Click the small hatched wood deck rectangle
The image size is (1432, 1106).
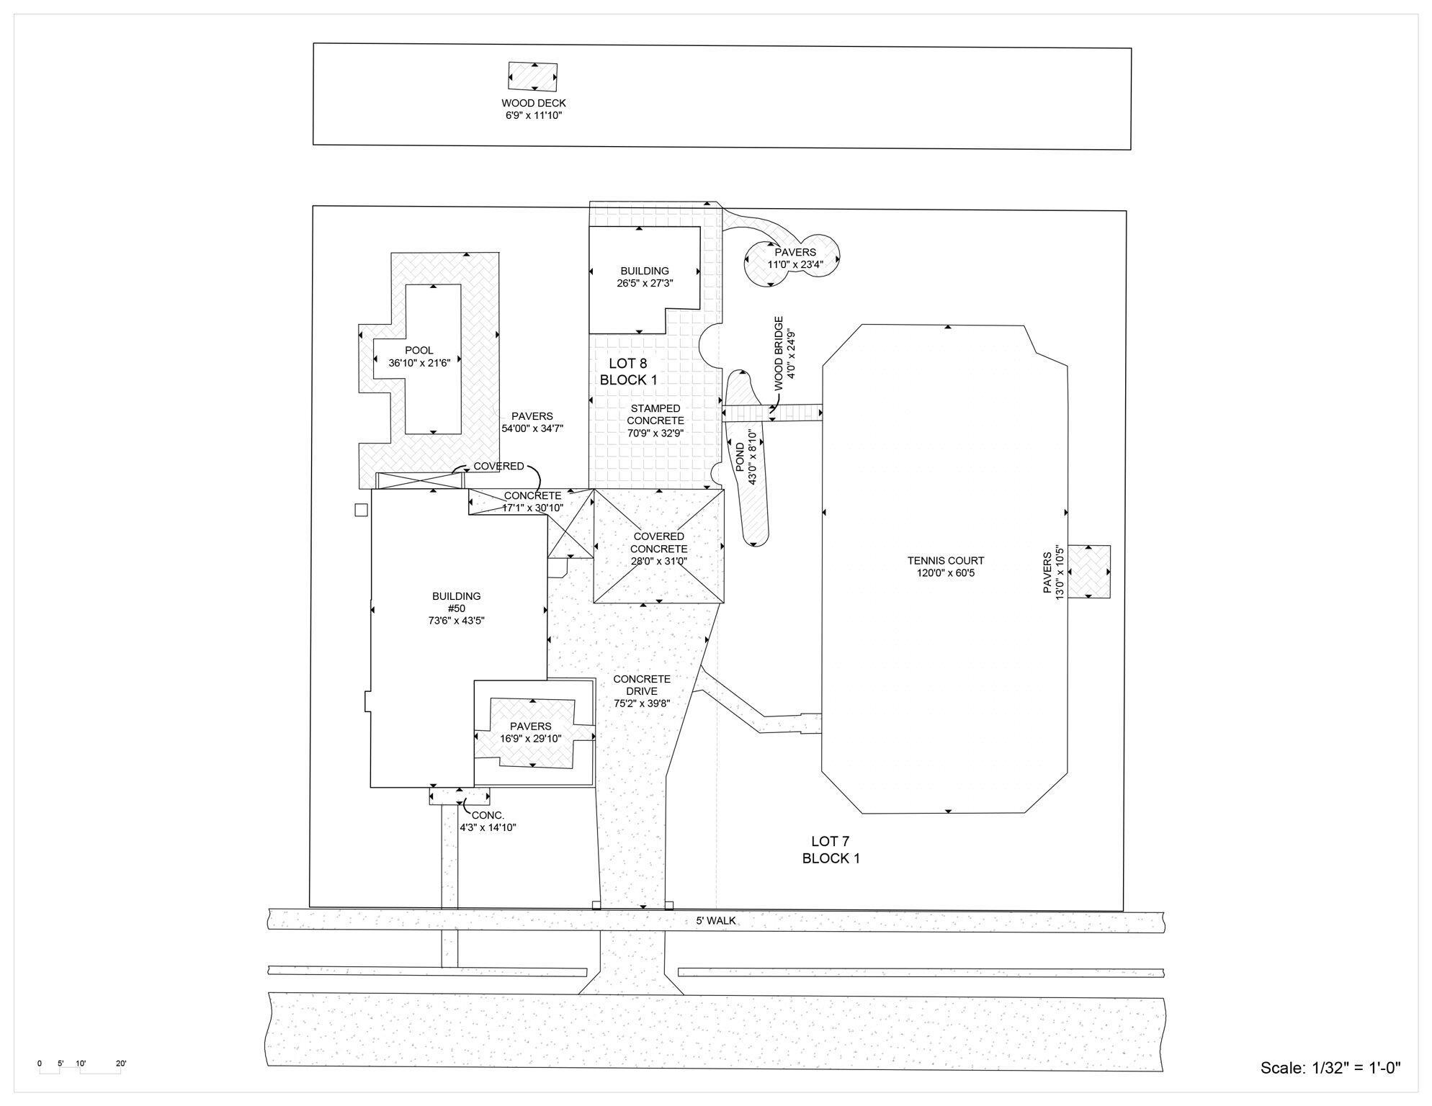[x=532, y=76]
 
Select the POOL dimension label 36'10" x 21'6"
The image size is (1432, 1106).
[x=419, y=363]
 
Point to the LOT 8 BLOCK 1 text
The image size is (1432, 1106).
[x=628, y=372]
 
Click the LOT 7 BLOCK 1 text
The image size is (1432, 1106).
[x=831, y=850]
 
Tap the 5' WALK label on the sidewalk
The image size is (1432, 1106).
[x=715, y=920]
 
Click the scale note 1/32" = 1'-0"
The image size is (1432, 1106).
[x=1330, y=1068]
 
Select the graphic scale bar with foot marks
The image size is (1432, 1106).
[x=80, y=1069]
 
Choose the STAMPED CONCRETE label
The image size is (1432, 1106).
[x=655, y=421]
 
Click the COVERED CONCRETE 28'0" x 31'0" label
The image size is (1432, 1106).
[x=658, y=549]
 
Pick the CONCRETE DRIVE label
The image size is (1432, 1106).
[x=641, y=691]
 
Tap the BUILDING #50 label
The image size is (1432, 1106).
[x=456, y=608]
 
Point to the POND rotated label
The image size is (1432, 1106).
[x=746, y=457]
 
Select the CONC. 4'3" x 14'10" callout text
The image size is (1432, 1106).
[x=488, y=822]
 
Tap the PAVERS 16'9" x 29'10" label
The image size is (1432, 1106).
[x=530, y=732]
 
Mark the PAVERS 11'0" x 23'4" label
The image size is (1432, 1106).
[x=795, y=258]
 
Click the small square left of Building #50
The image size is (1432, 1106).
[x=361, y=510]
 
